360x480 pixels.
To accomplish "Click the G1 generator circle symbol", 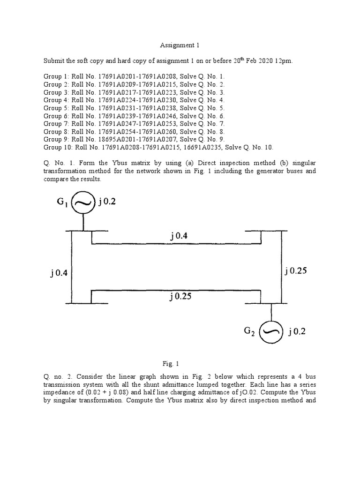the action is [84, 203].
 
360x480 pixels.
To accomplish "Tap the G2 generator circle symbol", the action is [271, 331].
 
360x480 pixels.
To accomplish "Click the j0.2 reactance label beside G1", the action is [107, 202].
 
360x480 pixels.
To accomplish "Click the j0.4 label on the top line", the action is [179, 237].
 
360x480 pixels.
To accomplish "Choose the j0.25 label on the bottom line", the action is [180, 296].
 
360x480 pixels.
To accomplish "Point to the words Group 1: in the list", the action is [56, 76].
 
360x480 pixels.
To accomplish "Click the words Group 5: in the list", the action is [56, 108].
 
